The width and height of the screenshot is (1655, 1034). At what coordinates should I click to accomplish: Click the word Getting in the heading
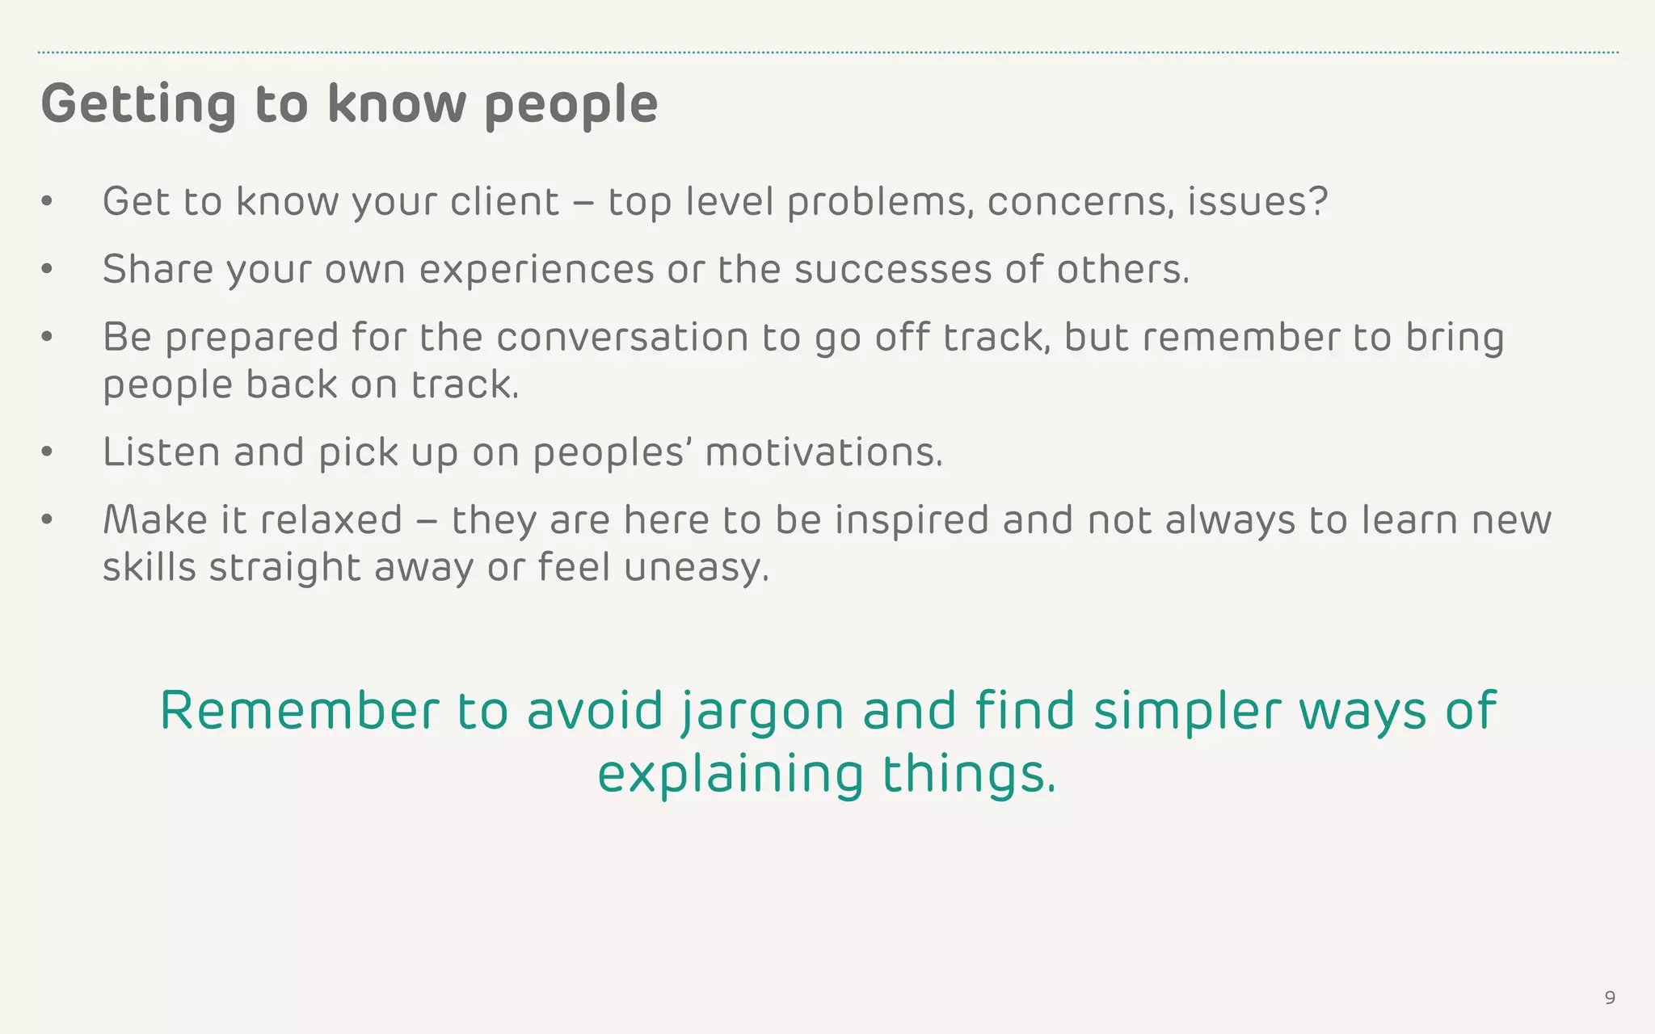click(138, 105)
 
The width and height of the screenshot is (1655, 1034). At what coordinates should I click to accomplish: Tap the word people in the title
click(571, 105)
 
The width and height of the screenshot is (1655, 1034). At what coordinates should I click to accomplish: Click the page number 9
click(1610, 998)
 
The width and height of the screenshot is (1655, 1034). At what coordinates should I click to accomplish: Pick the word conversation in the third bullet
click(622, 337)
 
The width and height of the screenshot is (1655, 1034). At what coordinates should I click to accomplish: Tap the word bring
click(1455, 337)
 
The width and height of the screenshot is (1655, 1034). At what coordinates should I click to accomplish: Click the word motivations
click(823, 452)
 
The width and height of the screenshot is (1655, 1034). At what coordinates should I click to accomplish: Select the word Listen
click(161, 452)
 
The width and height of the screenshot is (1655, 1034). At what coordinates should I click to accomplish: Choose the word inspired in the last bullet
click(912, 519)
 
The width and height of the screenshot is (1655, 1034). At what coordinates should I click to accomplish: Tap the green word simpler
click(1187, 711)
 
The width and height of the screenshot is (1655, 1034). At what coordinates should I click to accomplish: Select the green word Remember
click(299, 711)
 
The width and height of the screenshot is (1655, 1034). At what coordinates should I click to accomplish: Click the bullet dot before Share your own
click(47, 269)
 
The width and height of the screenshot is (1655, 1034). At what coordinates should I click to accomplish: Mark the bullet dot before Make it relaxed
click(47, 520)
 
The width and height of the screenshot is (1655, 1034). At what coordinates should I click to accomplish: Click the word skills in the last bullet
click(149, 567)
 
